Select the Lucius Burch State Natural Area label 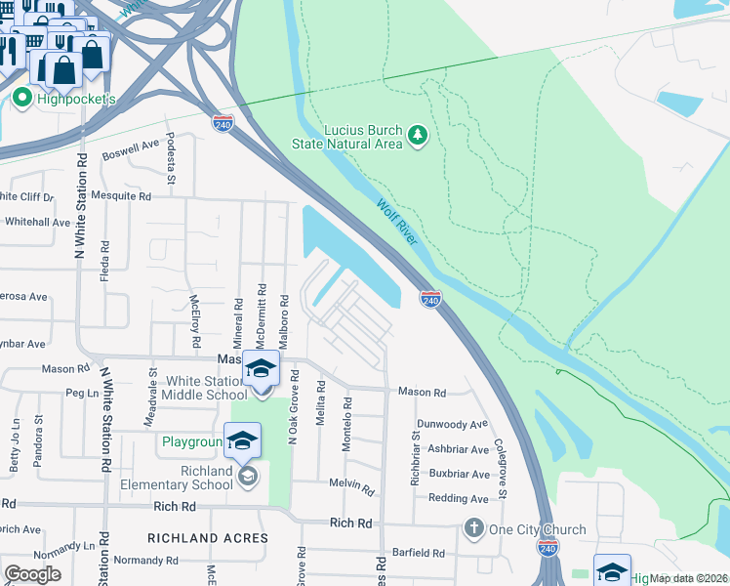(x=347, y=137)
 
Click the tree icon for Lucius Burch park (x=418, y=134)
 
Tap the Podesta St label (x=170, y=159)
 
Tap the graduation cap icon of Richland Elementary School (x=243, y=440)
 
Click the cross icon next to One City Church (x=474, y=528)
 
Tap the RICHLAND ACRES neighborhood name (x=207, y=538)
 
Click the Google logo (x=31, y=574)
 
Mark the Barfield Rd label (x=419, y=553)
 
